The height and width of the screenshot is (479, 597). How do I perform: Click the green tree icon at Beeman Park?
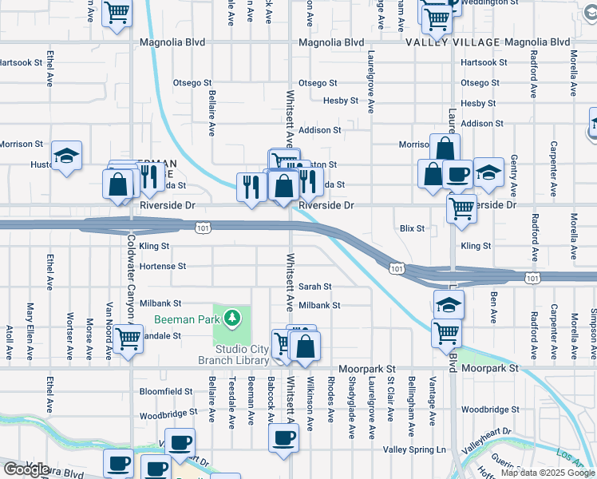tap(232, 319)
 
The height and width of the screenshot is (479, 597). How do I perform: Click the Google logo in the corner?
tap(26, 469)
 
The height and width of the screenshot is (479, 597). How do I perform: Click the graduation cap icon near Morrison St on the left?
tap(66, 156)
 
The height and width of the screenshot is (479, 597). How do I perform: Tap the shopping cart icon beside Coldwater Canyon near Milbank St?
tap(128, 338)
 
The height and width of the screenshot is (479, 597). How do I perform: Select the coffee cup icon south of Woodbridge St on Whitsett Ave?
tap(284, 437)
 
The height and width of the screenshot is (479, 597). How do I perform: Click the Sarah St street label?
tap(314, 286)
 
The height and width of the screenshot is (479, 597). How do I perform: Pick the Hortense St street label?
tap(162, 266)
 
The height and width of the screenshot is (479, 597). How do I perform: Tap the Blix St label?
tap(412, 228)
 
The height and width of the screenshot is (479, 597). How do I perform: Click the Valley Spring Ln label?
tap(414, 450)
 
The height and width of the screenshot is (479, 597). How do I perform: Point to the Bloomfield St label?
tap(166, 392)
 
